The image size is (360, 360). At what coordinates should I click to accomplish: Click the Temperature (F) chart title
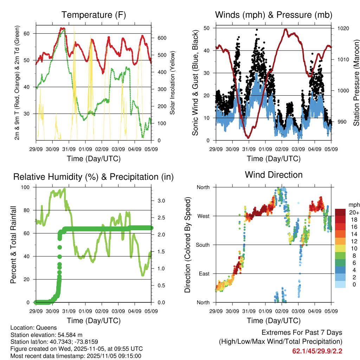point(94,15)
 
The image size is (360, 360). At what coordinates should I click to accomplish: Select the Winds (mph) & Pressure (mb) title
point(274,15)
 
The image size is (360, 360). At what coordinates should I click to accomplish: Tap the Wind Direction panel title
point(274,175)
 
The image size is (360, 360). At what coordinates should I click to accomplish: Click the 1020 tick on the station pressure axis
point(343,28)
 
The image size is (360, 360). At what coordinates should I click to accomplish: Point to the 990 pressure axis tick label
point(341,122)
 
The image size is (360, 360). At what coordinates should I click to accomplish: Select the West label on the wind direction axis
point(203,216)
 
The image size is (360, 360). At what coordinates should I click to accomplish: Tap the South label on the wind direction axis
point(202,245)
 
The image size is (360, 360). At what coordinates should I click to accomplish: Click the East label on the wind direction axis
point(204,274)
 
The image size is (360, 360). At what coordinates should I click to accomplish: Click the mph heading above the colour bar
point(354,205)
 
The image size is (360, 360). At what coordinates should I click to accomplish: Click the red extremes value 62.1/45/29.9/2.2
point(317,351)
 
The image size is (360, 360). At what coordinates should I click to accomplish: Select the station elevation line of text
point(46,335)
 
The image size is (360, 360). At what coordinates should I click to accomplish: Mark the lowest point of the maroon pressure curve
point(248,137)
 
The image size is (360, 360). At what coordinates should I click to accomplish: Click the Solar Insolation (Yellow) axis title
point(173,83)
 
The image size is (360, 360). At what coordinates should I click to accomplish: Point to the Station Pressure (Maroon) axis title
point(356,83)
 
